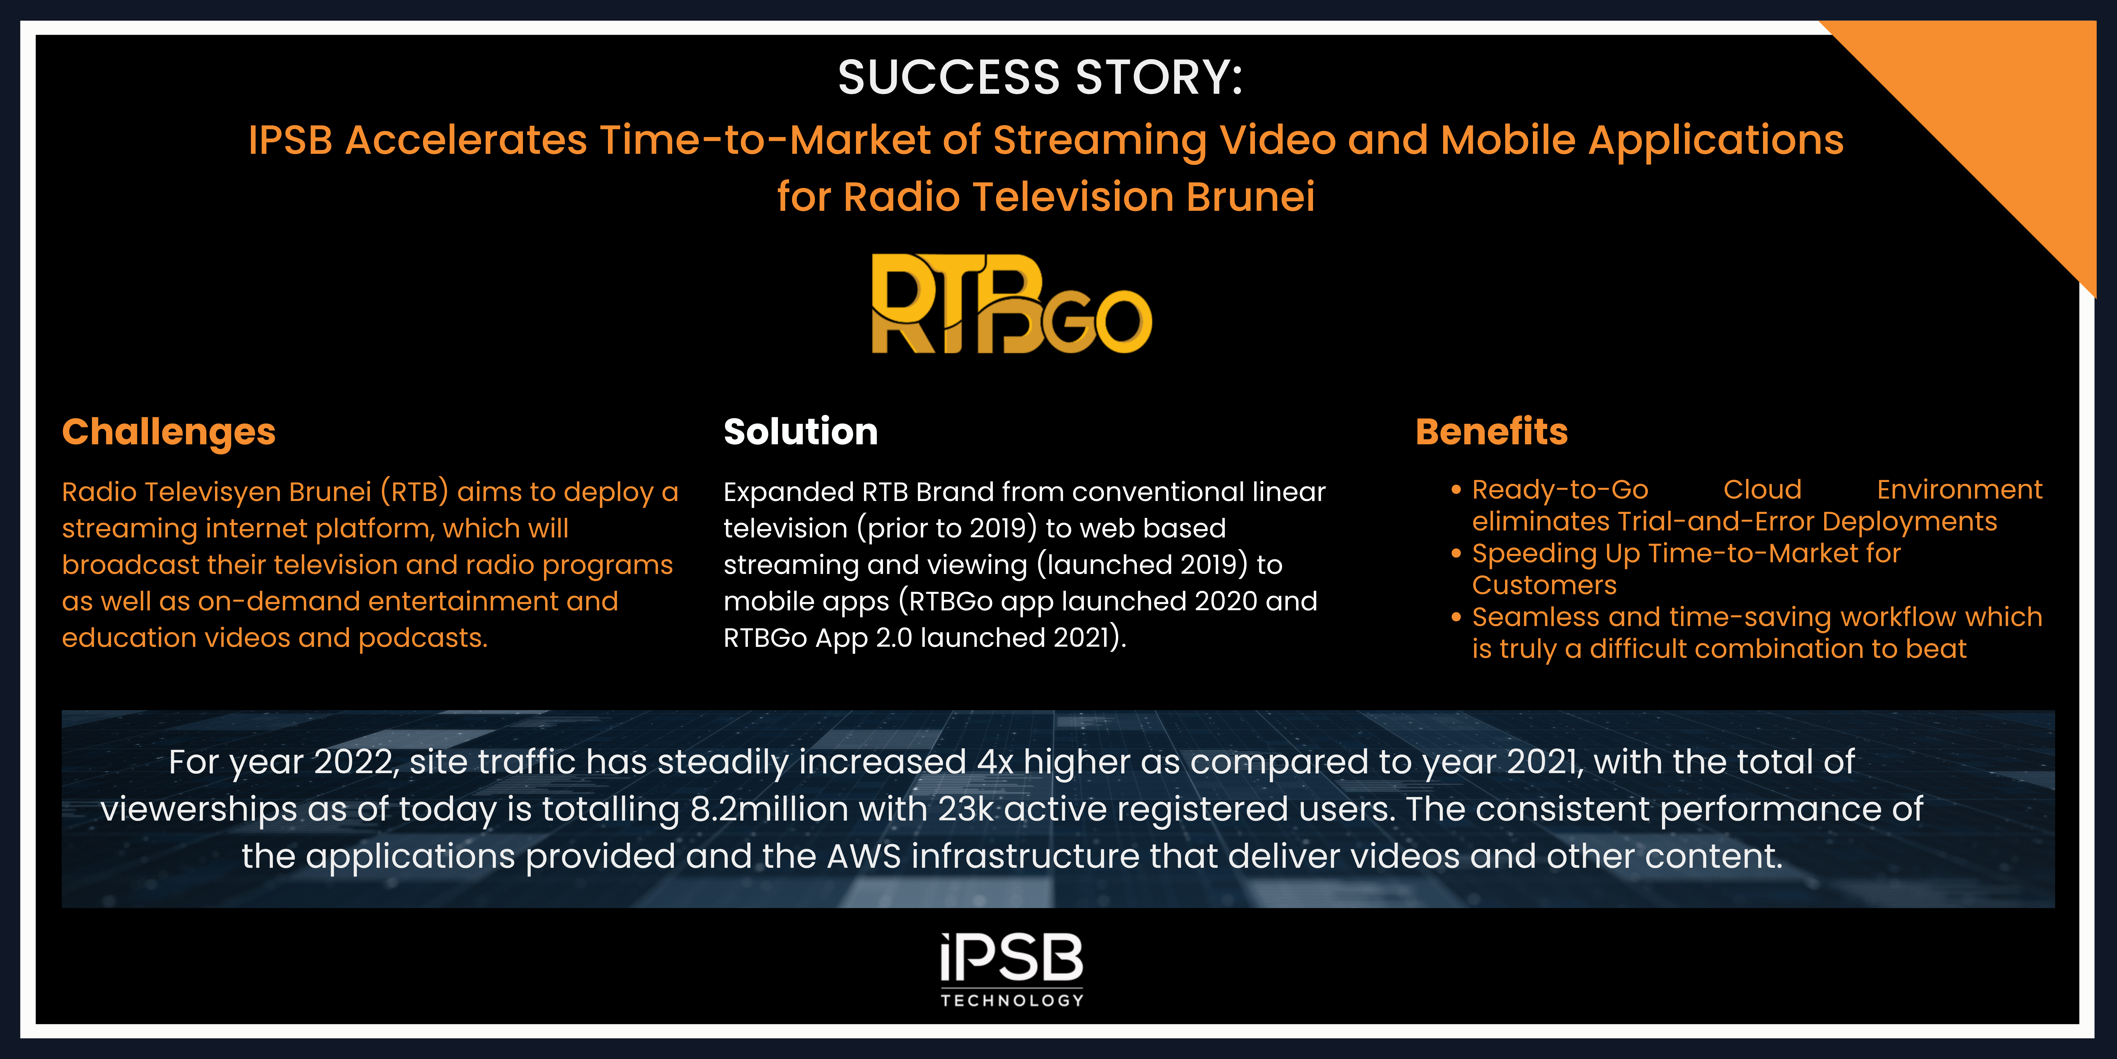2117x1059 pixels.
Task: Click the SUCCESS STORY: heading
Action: point(1040,78)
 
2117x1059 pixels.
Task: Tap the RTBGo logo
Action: point(1011,304)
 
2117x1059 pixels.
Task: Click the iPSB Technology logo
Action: point(1012,969)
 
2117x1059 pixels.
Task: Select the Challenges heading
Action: point(168,432)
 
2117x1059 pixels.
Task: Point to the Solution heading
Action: point(800,432)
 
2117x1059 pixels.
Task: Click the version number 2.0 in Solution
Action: point(894,638)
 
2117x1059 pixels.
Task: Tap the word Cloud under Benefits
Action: point(1762,490)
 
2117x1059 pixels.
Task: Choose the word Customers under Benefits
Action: point(1544,585)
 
